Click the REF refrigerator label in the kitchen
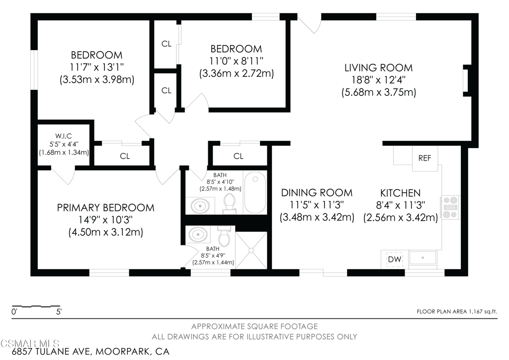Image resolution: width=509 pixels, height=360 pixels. [424, 158]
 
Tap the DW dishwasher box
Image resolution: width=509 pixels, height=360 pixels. [395, 260]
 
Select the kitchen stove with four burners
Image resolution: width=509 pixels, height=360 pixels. [450, 207]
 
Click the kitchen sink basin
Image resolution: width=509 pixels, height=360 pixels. [423, 258]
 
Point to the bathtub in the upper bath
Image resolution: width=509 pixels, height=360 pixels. [255, 192]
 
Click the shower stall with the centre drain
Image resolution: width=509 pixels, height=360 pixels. [251, 250]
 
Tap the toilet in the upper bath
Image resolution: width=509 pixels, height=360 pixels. [229, 204]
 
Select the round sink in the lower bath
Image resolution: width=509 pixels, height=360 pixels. [198, 234]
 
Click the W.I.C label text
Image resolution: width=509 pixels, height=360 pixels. [63, 136]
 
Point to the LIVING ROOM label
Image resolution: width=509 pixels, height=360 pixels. [378, 68]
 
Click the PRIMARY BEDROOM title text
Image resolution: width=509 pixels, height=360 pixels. [105, 208]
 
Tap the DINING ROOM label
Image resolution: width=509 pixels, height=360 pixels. [317, 193]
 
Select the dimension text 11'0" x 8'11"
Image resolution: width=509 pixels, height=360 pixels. [236, 61]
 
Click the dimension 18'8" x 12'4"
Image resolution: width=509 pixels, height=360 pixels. [378, 80]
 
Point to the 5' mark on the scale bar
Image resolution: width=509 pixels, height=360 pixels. [59, 312]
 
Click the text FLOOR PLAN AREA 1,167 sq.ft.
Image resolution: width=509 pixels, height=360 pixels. [457, 312]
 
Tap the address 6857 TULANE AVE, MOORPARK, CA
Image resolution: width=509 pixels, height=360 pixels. [90, 352]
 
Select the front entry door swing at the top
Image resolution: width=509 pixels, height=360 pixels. [310, 23]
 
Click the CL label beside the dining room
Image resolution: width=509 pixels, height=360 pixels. [238, 156]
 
